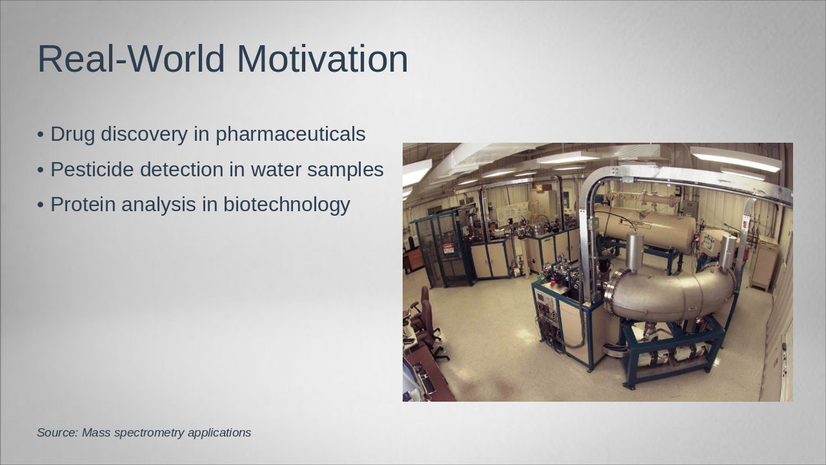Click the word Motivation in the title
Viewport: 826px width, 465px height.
[322, 59]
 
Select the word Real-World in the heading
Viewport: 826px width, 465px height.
[131, 59]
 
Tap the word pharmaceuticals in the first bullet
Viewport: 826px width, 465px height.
[290, 134]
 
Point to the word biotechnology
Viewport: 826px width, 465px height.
[287, 205]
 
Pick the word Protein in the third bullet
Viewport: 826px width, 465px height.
[83, 205]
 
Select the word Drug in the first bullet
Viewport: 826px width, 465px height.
[73, 134]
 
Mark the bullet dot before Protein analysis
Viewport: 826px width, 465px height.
[41, 205]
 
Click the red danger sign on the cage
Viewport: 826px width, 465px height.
[448, 247]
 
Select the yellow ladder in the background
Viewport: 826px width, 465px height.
[534, 212]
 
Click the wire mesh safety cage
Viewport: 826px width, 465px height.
[441, 251]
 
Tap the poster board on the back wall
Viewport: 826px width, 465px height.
[512, 212]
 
